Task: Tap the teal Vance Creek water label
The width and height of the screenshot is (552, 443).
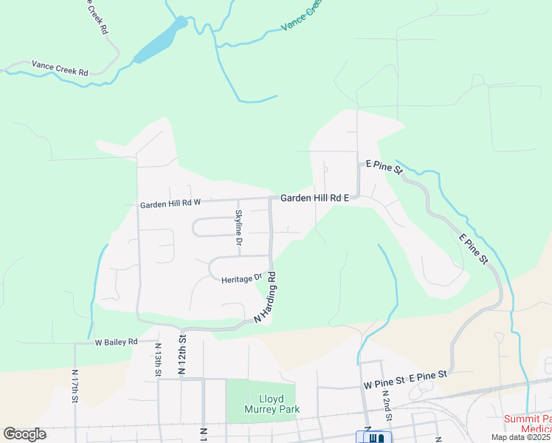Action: coord(302,16)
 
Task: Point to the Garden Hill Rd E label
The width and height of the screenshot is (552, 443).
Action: coord(314,198)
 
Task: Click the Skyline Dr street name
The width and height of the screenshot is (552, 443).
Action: coord(238,227)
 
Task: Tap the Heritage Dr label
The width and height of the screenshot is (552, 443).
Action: coord(242,279)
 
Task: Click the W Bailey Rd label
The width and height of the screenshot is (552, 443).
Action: coord(116,342)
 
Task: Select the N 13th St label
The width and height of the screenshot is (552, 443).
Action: coord(158,360)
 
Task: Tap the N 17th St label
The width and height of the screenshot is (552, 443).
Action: coord(75,385)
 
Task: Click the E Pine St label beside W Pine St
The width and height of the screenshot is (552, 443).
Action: coord(429,377)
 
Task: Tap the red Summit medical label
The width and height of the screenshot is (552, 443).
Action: coord(528,423)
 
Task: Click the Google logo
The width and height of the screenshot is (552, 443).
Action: coord(24,434)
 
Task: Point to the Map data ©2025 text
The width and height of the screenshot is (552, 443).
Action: coord(521,437)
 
